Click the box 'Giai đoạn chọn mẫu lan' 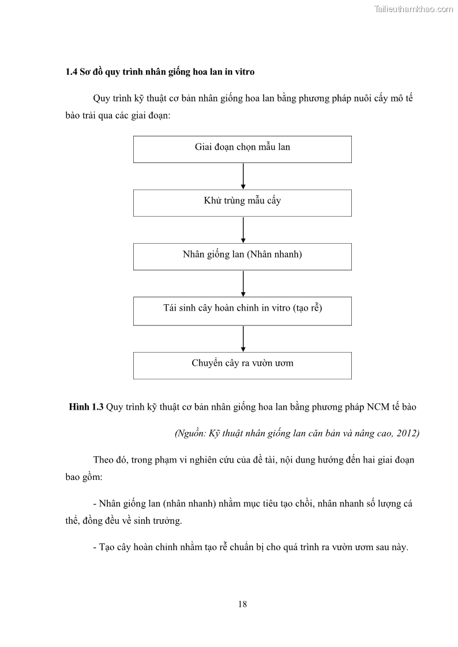pyautogui.click(x=242, y=149)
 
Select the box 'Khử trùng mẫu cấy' pyautogui.click(x=242, y=203)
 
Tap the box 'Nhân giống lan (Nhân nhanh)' pyautogui.click(x=242, y=256)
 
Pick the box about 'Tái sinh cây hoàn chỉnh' pyautogui.click(x=242, y=310)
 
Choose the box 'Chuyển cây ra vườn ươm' pyautogui.click(x=242, y=365)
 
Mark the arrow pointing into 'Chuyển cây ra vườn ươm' pyautogui.click(x=243, y=338)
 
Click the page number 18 pyautogui.click(x=242, y=604)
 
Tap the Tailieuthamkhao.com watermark pyautogui.click(x=414, y=9)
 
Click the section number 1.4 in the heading pyautogui.click(x=72, y=72)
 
